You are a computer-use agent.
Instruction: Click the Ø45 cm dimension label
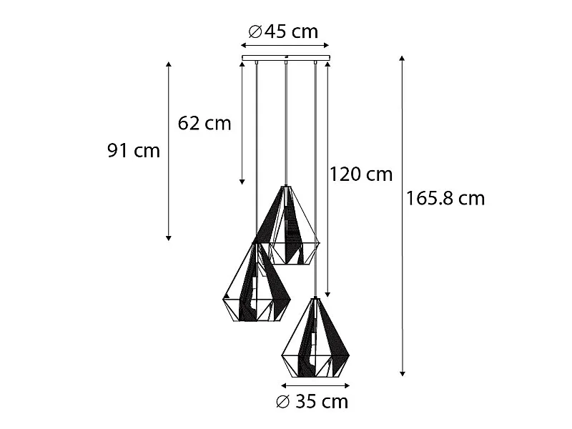283,31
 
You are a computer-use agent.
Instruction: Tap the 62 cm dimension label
204,123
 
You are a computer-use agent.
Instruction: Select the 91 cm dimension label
134,150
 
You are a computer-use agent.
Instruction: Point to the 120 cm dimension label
361,174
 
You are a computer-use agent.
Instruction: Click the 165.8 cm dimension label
445,199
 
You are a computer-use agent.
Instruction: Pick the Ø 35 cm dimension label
312,402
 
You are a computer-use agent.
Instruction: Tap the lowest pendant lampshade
315,337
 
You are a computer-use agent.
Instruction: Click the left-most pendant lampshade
257,282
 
